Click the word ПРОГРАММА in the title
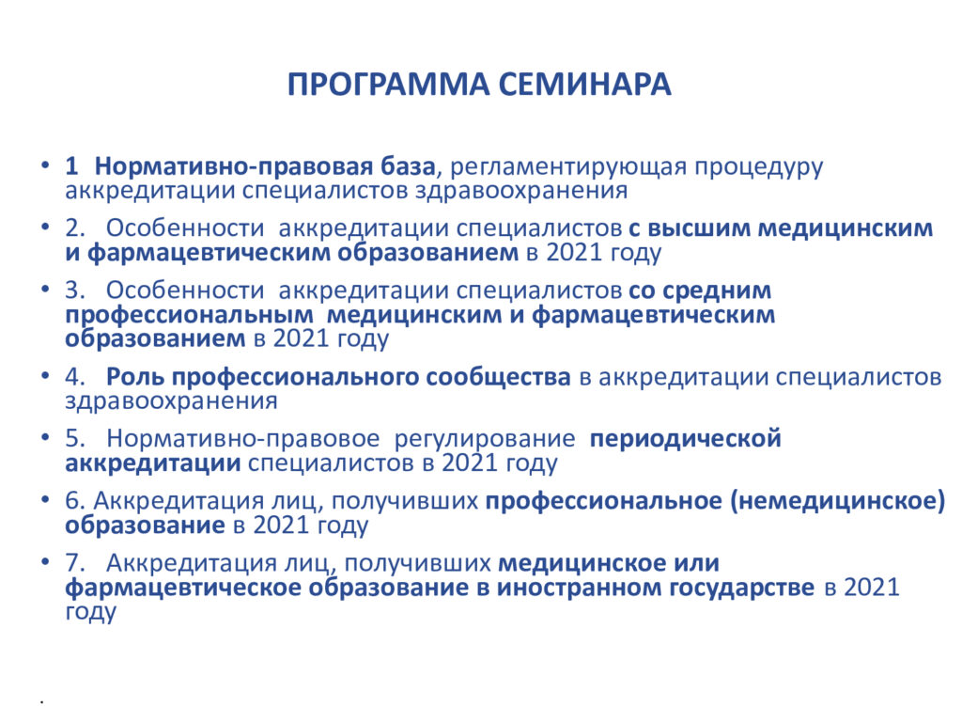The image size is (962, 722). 388,84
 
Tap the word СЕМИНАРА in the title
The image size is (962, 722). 584,84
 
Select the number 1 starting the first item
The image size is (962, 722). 71,166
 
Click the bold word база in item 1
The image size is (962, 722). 407,166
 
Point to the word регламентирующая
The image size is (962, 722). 568,167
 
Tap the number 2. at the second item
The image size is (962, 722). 75,228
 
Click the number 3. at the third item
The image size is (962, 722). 75,290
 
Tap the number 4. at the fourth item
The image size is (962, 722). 75,377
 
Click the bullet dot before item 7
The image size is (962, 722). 45,562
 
